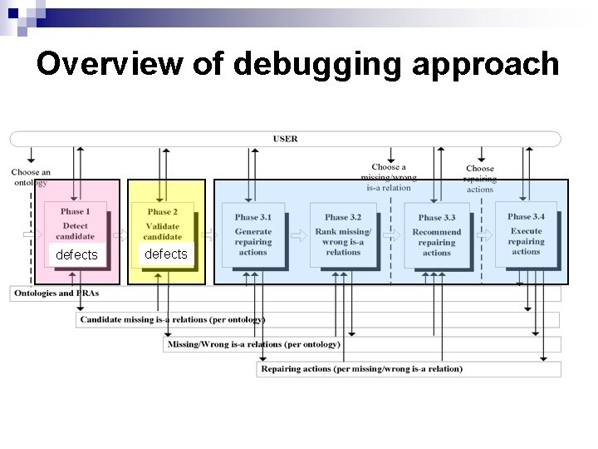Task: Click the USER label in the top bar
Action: pos(285,139)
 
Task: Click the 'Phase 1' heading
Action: pos(75,211)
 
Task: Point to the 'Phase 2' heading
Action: pos(162,211)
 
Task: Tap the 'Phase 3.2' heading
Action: pos(343,218)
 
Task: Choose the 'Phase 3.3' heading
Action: pos(436,218)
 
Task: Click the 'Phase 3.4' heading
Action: pos(526,217)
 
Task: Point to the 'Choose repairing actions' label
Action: pos(479,178)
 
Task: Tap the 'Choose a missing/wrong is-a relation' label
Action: pos(388,177)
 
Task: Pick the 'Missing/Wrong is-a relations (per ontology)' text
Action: pos(253,343)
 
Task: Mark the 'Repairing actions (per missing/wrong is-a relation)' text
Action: pos(361,368)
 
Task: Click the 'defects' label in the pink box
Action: pos(76,254)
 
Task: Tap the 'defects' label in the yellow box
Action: pos(166,254)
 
